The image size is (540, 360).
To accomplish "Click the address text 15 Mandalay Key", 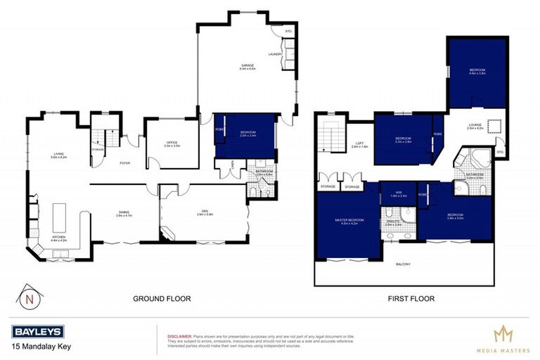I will click(x=40, y=346).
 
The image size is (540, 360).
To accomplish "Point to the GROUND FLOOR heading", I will click(x=162, y=299).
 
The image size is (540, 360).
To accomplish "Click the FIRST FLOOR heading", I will click(x=411, y=299).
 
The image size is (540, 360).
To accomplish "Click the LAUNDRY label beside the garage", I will click(x=274, y=54).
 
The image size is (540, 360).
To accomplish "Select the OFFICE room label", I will click(x=173, y=143).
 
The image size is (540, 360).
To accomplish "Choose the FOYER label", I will click(x=124, y=163).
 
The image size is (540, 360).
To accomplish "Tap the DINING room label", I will click(x=124, y=216).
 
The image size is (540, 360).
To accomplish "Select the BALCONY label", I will click(x=403, y=264).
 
